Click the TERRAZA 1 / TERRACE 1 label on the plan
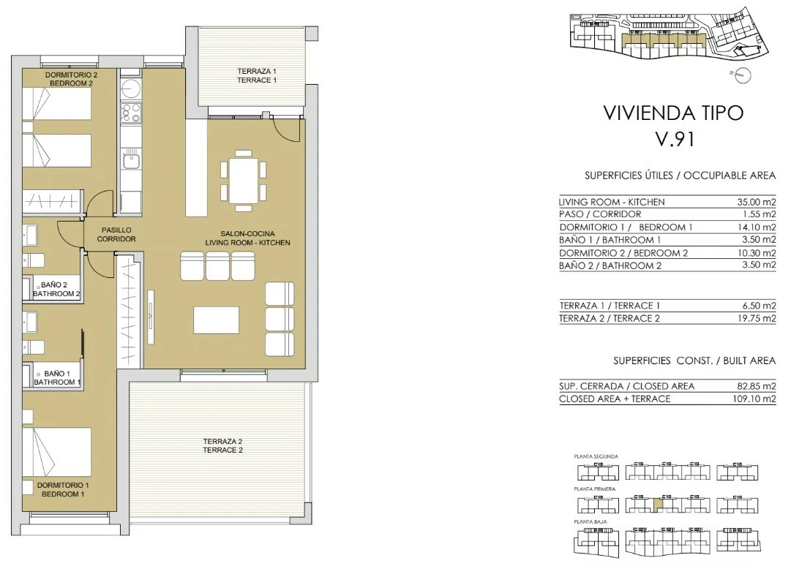[257, 75]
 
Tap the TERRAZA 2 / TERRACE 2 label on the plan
[222, 445]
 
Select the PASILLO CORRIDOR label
[116, 234]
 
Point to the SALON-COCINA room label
[247, 238]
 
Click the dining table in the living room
[243, 181]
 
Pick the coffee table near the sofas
[216, 320]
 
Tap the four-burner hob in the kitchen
[131, 113]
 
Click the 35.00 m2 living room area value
[757, 202]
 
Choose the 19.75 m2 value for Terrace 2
[759, 319]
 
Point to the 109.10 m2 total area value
[754, 399]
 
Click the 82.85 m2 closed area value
[757, 386]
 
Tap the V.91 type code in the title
[675, 139]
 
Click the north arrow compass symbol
[743, 75]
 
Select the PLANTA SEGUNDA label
[596, 456]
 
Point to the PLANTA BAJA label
[591, 522]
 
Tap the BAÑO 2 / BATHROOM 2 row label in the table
[610, 266]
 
